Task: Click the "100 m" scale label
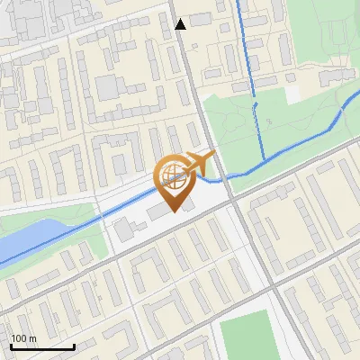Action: pos(24,338)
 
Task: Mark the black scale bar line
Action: pos(41,346)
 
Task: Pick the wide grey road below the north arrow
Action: pos(191,81)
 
